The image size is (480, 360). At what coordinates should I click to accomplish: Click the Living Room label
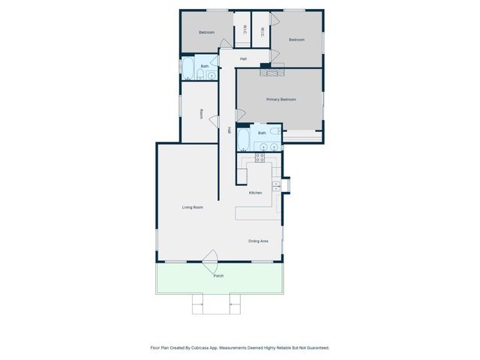pyautogui.click(x=193, y=207)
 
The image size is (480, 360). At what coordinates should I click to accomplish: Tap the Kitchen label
pyautogui.click(x=255, y=193)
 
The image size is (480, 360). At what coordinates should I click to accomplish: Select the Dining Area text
pyautogui.click(x=259, y=241)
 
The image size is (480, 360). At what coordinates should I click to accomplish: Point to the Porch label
pyautogui.click(x=218, y=276)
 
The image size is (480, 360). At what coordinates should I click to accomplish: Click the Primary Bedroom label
pyautogui.click(x=280, y=99)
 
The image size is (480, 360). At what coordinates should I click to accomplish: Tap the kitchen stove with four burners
pyautogui.click(x=259, y=157)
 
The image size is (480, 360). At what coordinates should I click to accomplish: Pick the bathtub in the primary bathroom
pyautogui.click(x=243, y=139)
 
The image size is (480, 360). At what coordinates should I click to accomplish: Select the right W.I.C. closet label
pyautogui.click(x=262, y=31)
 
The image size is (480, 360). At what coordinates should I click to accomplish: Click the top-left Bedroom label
pyautogui.click(x=206, y=32)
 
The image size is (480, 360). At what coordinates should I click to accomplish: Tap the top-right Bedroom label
pyautogui.click(x=296, y=40)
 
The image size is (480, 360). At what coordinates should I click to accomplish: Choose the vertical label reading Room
pyautogui.click(x=201, y=114)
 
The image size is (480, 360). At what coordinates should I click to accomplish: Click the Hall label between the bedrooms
pyautogui.click(x=244, y=58)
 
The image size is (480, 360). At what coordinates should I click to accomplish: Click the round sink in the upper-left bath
pyautogui.click(x=211, y=74)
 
